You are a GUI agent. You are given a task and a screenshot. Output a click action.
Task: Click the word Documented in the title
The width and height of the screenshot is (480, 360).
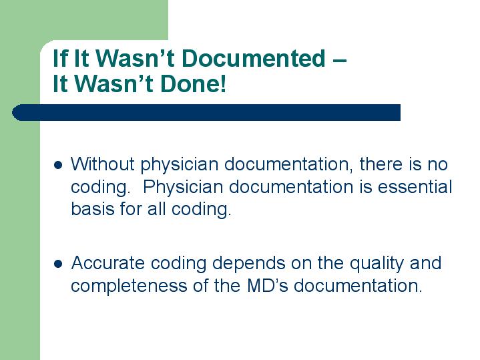coord(253,58)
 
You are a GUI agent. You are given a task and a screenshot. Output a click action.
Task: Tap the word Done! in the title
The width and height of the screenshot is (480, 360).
coord(193,83)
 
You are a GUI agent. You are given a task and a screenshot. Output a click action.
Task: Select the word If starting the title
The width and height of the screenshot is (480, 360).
coord(60,58)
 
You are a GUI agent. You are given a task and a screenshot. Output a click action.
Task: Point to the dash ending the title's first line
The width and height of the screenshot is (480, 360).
coord(339,60)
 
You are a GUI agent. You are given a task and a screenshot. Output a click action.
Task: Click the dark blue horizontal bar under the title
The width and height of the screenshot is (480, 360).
coord(206,112)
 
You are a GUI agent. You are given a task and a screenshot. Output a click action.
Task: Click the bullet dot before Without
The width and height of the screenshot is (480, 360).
coord(58,166)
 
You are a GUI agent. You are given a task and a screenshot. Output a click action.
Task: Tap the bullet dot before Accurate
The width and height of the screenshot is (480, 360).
coord(58,264)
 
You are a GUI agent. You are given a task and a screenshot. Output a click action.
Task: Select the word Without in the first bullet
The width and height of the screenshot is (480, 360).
coord(103,164)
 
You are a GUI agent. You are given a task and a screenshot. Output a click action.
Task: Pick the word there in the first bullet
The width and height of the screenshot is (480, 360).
coord(381,164)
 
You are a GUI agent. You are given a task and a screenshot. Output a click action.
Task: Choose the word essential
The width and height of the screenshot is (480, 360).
coord(415,186)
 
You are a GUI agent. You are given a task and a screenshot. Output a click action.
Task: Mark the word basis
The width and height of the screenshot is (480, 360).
coord(92,209)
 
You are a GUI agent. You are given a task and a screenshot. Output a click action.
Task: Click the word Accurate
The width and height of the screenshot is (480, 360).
coord(107,263)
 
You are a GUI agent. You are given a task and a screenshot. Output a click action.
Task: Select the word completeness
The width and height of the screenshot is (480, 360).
coord(129,287)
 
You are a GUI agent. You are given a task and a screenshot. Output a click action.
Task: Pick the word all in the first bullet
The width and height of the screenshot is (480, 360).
coord(156,209)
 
